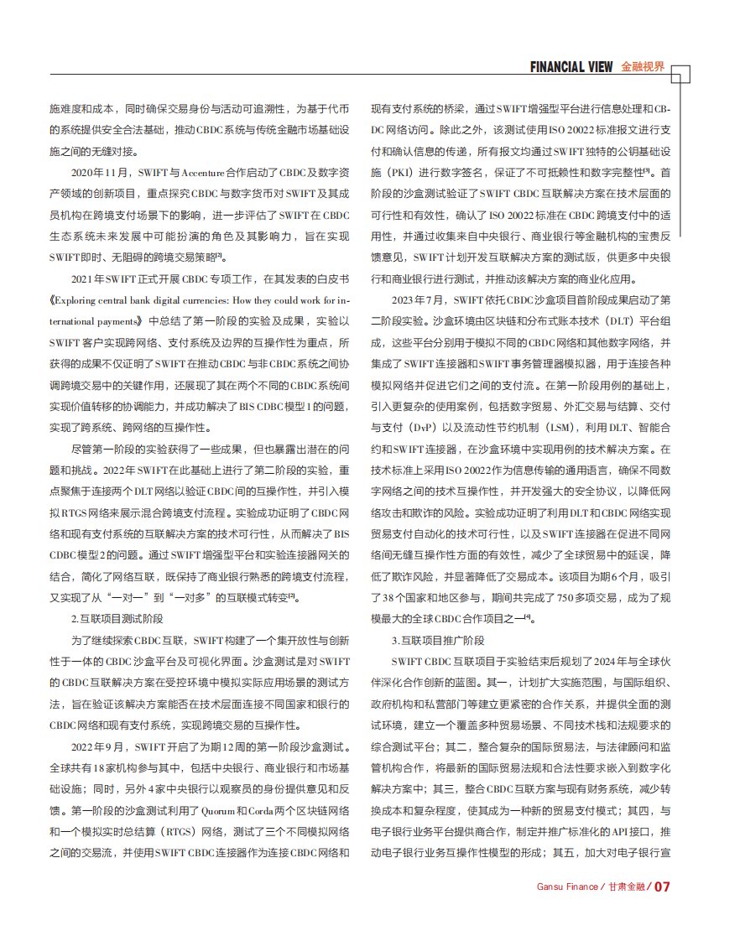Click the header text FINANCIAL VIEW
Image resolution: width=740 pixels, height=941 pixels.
tap(571, 67)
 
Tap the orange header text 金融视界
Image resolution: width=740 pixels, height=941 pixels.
tap(643, 67)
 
